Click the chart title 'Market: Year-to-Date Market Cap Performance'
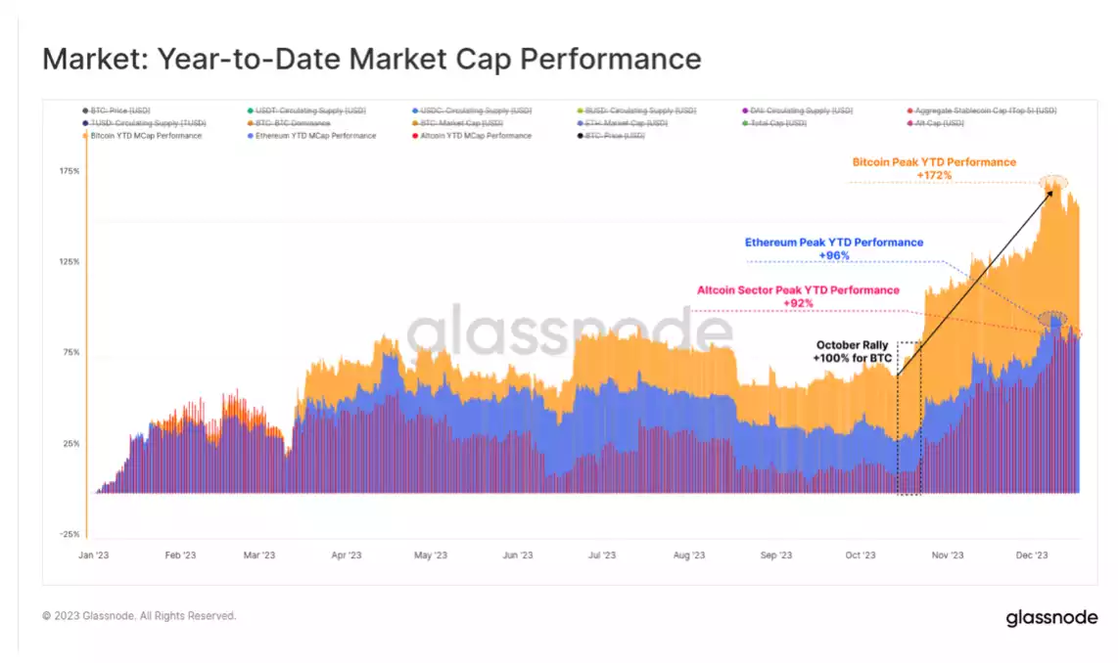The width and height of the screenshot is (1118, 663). (x=371, y=59)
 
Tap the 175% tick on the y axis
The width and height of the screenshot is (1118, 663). (x=69, y=171)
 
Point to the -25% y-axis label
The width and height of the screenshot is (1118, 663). (x=69, y=534)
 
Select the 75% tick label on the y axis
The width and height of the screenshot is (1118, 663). (x=69, y=352)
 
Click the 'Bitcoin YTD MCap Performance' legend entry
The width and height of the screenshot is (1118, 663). (x=146, y=136)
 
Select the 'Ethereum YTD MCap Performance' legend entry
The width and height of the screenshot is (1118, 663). (x=313, y=136)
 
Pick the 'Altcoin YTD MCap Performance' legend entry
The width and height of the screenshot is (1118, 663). (x=475, y=136)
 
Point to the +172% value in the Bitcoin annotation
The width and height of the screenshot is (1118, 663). (x=934, y=175)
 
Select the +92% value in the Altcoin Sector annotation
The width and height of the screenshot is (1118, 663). (x=798, y=303)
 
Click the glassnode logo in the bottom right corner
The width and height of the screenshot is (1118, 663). (x=1051, y=618)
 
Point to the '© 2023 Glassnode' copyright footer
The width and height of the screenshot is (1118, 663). (x=139, y=616)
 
